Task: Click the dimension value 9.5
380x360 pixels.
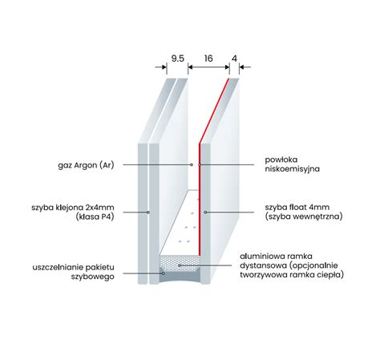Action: click(x=178, y=59)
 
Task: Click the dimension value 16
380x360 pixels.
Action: click(x=208, y=59)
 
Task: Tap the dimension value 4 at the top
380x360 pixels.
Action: click(x=234, y=59)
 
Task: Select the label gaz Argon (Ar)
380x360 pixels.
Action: click(x=86, y=165)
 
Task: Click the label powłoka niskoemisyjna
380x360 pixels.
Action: click(x=292, y=164)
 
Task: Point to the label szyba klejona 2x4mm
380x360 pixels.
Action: click(x=73, y=208)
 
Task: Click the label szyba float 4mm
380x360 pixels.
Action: click(x=297, y=207)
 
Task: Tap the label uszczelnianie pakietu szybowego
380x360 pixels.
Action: click(x=73, y=272)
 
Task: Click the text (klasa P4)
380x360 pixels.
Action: click(x=95, y=216)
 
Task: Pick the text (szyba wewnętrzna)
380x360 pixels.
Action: click(x=304, y=216)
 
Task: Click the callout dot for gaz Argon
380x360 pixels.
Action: click(x=192, y=164)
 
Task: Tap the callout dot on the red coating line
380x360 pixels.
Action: click(x=200, y=164)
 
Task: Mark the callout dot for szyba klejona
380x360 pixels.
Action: click(x=148, y=212)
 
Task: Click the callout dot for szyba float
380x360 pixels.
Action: click(x=205, y=212)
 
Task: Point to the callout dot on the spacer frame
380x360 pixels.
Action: click(x=180, y=265)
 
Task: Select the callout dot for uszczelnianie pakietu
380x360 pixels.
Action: click(x=164, y=273)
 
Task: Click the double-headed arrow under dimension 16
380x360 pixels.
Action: click(x=208, y=67)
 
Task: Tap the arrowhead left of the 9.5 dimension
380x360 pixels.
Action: click(x=164, y=67)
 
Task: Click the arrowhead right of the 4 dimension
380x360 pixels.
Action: click(x=242, y=67)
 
